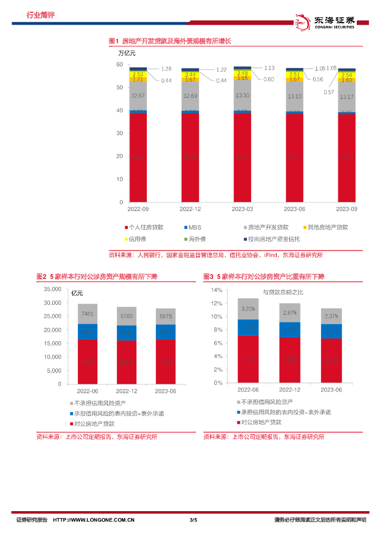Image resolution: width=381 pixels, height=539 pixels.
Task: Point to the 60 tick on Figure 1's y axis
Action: coord(119,64)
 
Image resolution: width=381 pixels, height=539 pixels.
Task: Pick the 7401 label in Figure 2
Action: coord(87,314)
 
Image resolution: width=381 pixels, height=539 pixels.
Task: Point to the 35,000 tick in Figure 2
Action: coord(52,289)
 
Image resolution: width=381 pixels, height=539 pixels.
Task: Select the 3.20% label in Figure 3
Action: coord(247,309)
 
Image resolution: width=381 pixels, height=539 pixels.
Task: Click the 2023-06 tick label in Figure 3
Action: coord(331,390)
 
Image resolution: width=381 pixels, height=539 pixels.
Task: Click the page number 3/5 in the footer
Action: coord(193,520)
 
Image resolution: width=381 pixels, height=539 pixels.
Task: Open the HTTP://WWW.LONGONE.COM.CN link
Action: coord(94,520)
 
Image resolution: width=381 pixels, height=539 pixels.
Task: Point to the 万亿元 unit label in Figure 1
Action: coord(127,53)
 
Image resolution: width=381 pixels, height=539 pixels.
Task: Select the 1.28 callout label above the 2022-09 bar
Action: coord(166,69)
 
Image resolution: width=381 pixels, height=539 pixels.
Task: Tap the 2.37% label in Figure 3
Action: coord(331,316)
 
